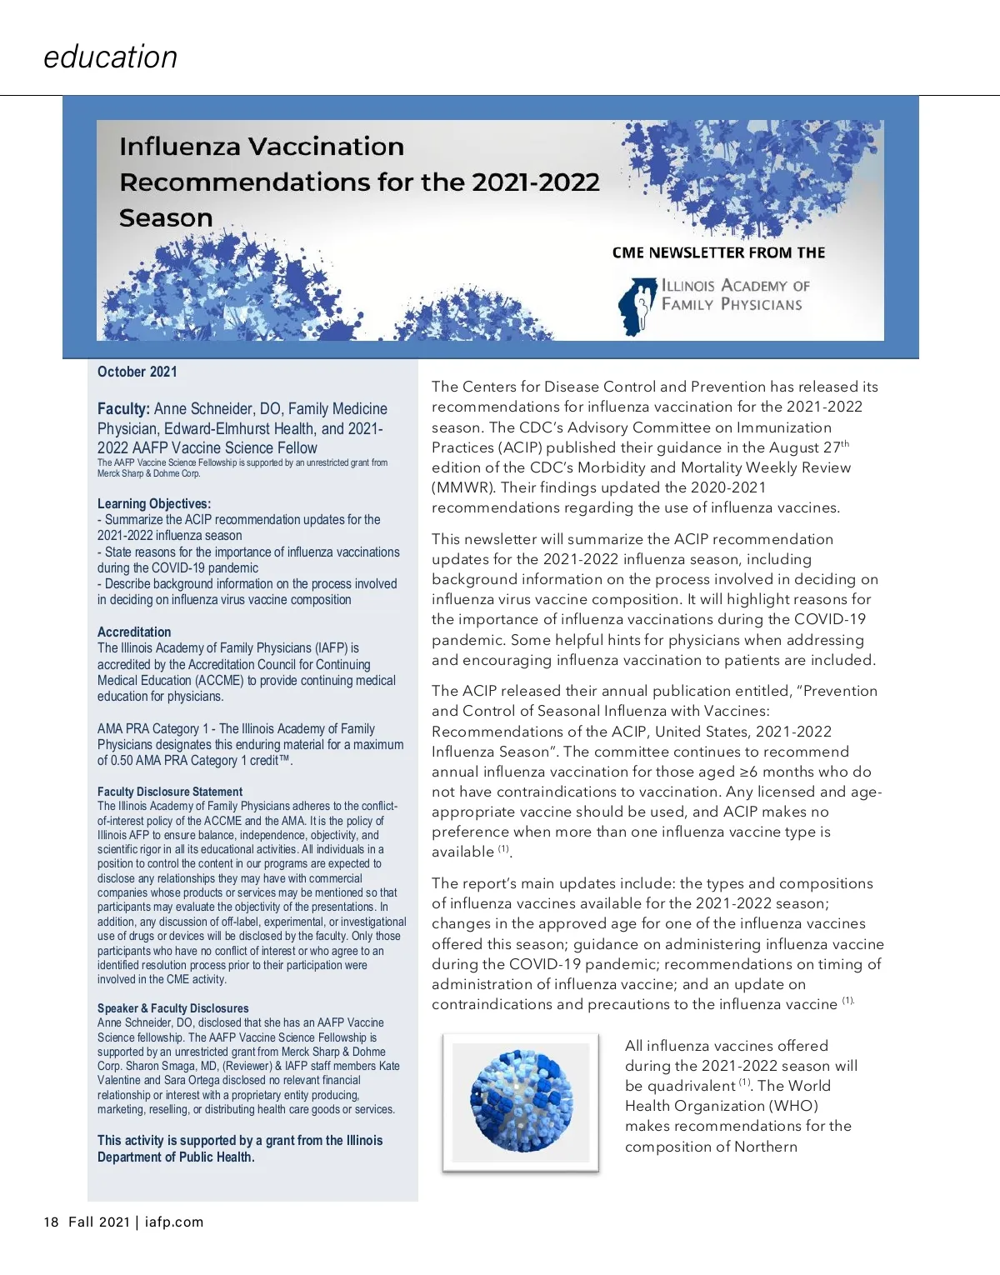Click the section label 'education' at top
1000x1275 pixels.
click(x=110, y=57)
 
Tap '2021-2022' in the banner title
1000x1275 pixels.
click(x=536, y=182)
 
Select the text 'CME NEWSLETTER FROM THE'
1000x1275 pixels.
click(x=718, y=252)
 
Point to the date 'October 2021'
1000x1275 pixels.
click(x=137, y=372)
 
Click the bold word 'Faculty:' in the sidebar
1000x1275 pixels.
click(x=123, y=409)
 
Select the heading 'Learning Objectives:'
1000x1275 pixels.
click(x=154, y=503)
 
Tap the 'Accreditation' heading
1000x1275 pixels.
click(x=134, y=632)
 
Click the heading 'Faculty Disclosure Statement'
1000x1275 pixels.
click(x=170, y=792)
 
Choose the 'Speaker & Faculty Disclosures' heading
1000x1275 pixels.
click(x=173, y=1008)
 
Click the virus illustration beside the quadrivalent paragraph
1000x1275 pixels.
click(x=521, y=1101)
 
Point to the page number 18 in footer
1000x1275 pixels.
click(x=51, y=1222)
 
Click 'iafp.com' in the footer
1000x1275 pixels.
click(x=173, y=1222)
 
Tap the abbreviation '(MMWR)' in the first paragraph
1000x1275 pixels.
click(x=459, y=487)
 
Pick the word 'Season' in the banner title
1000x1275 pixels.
click(x=166, y=218)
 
